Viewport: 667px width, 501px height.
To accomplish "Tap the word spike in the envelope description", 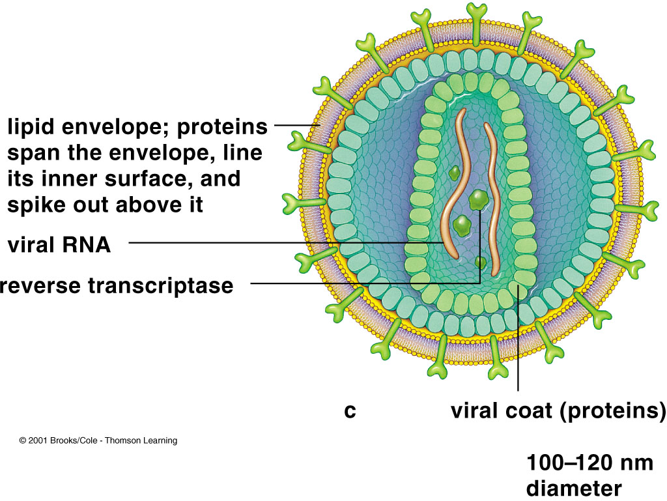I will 39,205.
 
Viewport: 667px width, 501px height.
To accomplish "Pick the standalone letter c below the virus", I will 350,412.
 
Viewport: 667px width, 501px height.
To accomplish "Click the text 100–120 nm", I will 590,463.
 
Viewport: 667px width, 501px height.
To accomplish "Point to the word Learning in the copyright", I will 160,441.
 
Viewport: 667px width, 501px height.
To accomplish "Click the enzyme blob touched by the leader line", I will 479,199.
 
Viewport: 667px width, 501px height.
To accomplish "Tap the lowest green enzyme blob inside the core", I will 481,263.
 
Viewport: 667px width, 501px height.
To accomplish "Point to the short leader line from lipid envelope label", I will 296,125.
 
